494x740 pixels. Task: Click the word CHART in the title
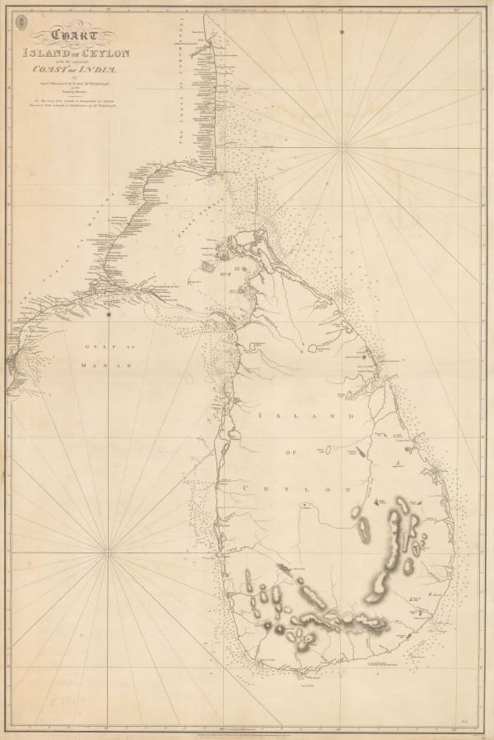73,37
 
